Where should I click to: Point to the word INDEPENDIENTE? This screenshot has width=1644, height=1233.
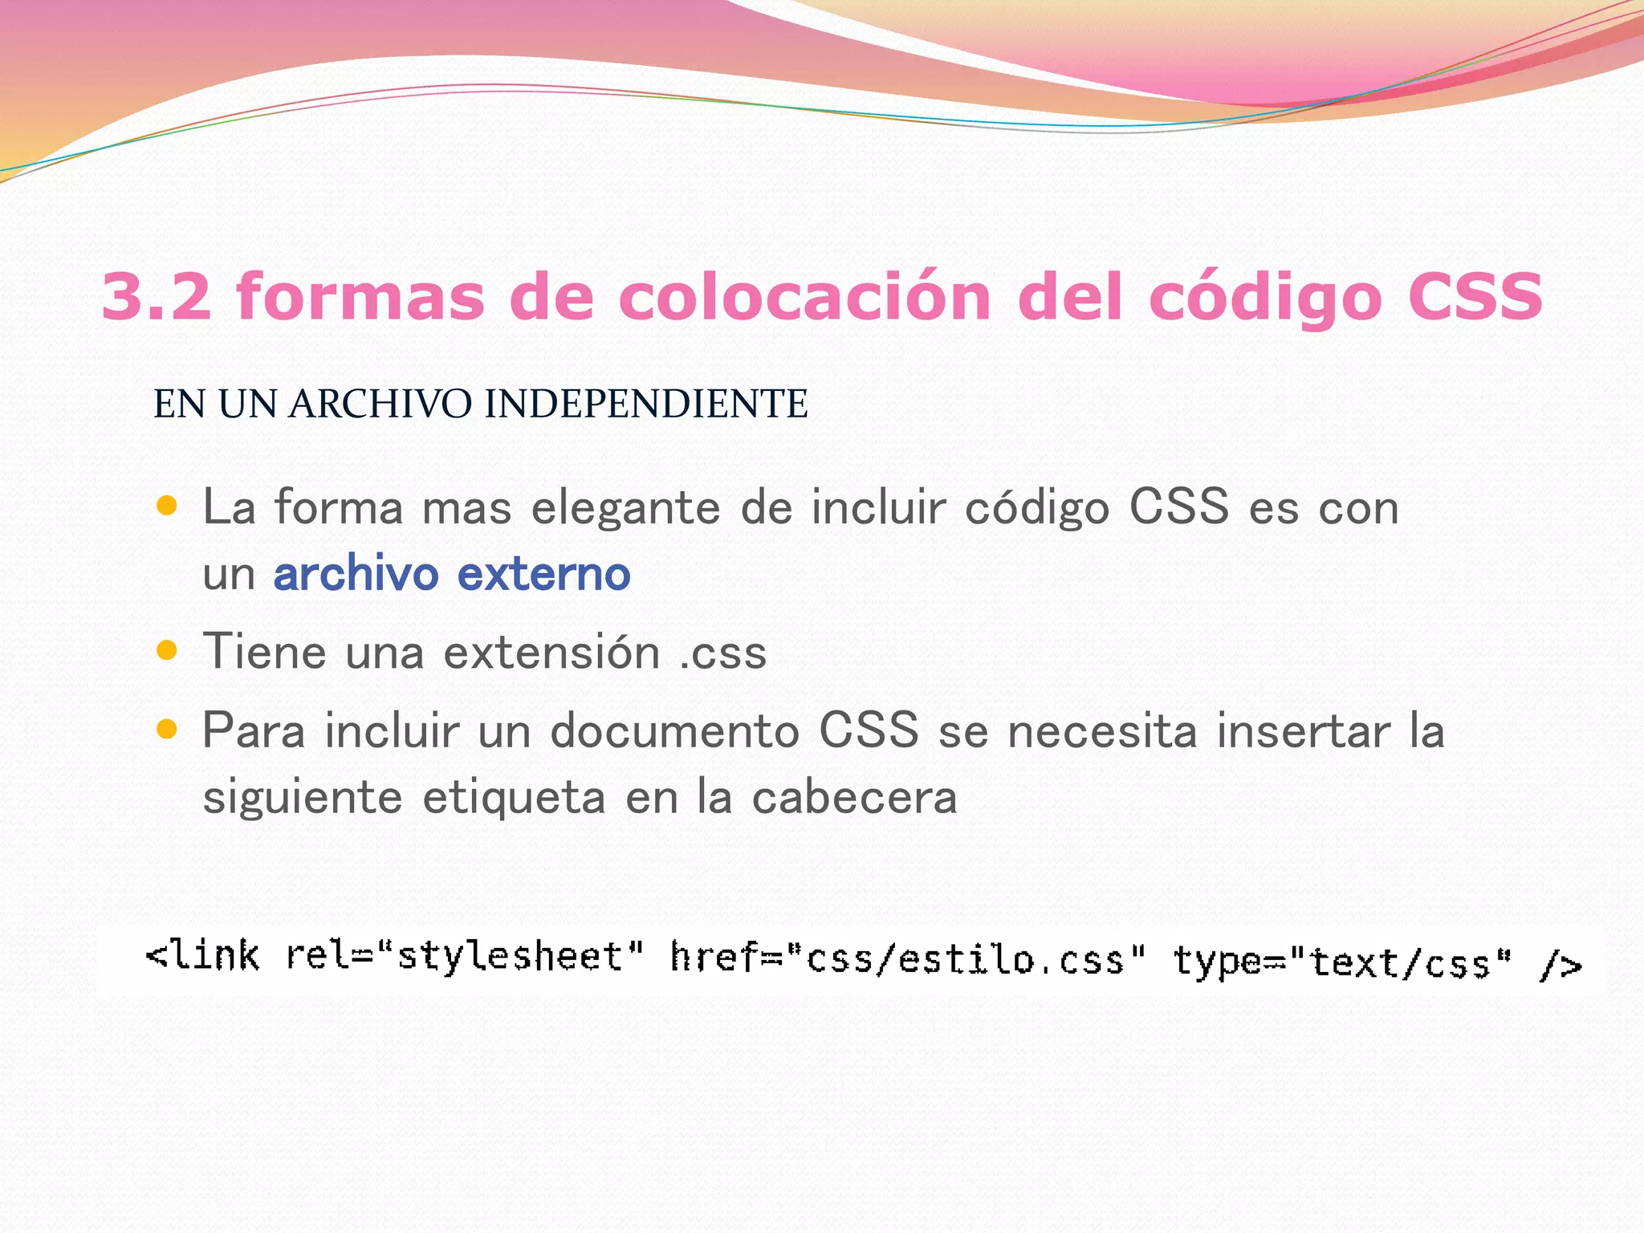[646, 404]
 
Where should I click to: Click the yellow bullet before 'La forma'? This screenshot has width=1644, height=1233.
[167, 506]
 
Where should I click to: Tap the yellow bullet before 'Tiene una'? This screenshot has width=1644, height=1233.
[167, 649]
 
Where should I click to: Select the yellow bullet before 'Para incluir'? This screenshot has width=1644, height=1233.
[167, 730]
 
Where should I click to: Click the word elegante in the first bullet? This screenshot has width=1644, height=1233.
[626, 509]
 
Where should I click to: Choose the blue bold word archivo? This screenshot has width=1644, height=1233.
[356, 574]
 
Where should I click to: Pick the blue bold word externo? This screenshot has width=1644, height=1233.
[544, 574]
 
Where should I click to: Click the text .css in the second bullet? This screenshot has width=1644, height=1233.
[722, 652]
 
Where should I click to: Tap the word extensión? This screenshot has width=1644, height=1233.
[551, 651]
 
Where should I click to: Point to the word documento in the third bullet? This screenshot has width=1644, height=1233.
[674, 731]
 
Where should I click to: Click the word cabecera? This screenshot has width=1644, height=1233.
[854, 797]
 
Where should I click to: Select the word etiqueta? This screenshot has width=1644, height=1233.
[514, 798]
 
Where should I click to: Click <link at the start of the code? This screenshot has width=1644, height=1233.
[202, 956]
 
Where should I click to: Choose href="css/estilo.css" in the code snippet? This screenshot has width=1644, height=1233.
[908, 959]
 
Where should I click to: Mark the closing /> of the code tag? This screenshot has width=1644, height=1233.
[1561, 964]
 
